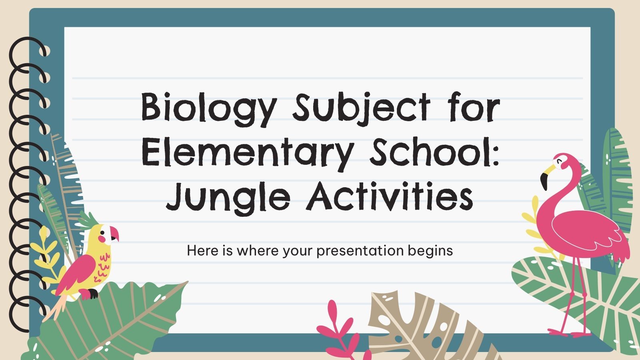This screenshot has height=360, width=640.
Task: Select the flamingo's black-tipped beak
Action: [545, 179]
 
